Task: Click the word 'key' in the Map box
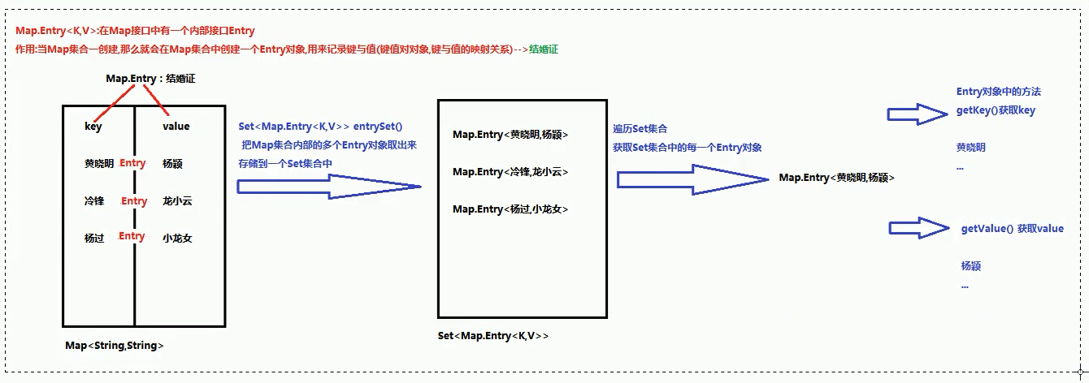tap(93, 127)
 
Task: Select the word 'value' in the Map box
tap(176, 127)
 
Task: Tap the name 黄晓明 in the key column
tap(98, 163)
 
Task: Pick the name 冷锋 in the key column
tap(93, 201)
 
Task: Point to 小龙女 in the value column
tap(177, 239)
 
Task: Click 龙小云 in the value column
tap(177, 201)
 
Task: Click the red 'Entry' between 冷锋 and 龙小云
tap(134, 201)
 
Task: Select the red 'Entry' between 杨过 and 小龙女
tap(132, 236)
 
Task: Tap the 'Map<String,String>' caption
tap(115, 346)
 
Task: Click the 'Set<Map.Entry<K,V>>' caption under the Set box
tap(492, 336)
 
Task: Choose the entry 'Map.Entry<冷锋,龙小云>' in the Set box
tap(510, 172)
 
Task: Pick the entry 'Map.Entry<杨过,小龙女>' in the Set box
tap(510, 209)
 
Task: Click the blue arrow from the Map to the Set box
tap(328, 187)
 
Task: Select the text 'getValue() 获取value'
tap(1012, 229)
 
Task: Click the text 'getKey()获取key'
tap(996, 110)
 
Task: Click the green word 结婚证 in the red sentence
tap(543, 49)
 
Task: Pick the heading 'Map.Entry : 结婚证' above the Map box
tap(151, 79)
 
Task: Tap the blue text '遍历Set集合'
tap(640, 129)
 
